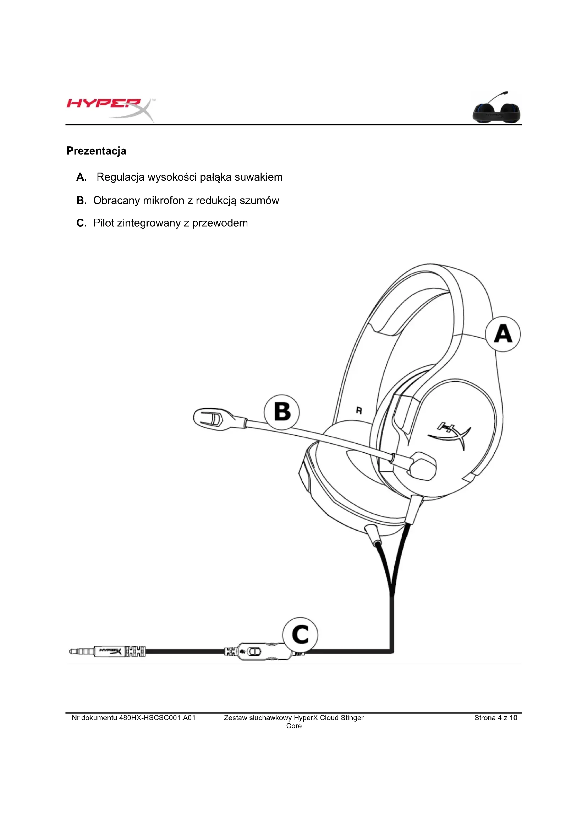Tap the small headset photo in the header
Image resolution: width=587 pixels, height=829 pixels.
(x=497, y=108)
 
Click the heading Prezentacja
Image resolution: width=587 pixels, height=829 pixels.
(x=96, y=151)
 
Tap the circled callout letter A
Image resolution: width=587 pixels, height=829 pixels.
(x=503, y=334)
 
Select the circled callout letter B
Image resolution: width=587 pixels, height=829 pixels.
(x=282, y=412)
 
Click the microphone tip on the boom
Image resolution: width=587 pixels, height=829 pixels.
(x=212, y=419)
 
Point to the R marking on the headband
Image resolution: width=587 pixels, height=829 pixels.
(x=359, y=410)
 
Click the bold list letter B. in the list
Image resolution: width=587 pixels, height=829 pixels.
(x=82, y=200)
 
